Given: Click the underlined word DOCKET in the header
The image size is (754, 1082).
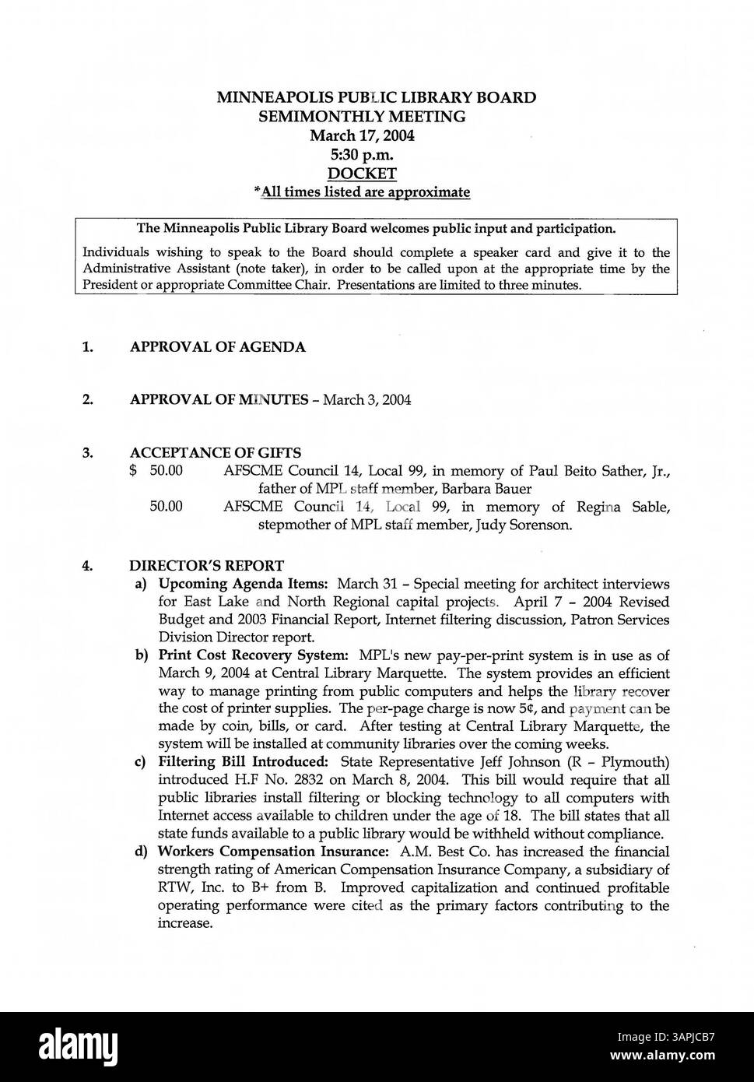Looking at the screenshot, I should tap(362, 174).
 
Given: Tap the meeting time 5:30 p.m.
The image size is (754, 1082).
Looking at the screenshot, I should tap(362, 154).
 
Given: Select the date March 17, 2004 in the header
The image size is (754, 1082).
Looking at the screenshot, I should tap(362, 135).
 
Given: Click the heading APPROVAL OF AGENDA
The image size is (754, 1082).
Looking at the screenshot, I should tap(217, 347).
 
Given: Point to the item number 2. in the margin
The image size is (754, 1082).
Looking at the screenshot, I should tap(88, 400).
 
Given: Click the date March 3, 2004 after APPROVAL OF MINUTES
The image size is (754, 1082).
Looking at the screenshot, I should tap(367, 400).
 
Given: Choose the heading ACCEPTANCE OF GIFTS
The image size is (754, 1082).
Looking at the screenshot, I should tap(216, 453).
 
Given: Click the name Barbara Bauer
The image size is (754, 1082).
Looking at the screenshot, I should tap(486, 489).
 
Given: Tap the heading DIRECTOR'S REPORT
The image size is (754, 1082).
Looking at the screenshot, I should tap(206, 566).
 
